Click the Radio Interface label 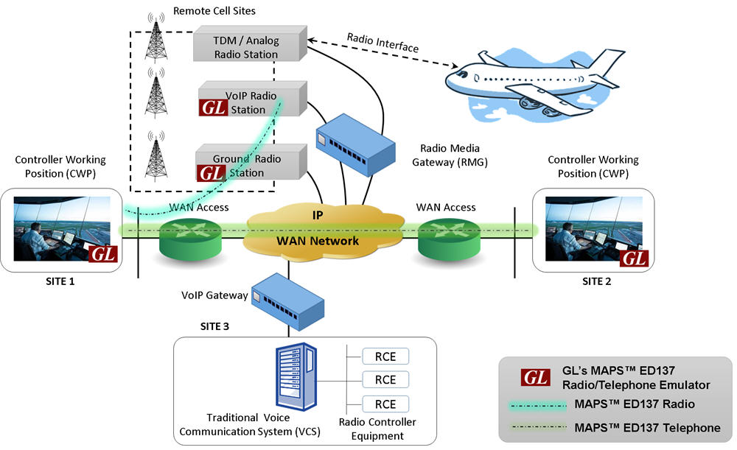(x=383, y=42)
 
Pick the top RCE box (x=385, y=356)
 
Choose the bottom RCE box (x=385, y=404)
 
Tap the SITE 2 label (x=596, y=281)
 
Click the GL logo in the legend (x=536, y=377)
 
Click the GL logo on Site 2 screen (x=633, y=258)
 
